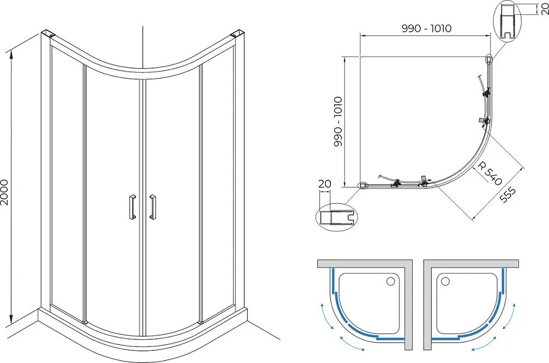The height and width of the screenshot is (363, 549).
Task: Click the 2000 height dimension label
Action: point(4,192)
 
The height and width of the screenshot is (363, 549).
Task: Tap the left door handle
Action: point(132,207)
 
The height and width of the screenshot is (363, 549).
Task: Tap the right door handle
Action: point(152,207)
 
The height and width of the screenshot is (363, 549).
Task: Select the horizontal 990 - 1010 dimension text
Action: point(427,29)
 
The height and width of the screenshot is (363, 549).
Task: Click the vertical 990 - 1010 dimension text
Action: point(338,121)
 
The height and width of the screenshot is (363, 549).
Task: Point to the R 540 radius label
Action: point(490,173)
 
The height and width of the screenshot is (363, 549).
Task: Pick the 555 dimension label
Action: point(507,195)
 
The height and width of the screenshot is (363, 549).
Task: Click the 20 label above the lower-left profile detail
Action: point(324,183)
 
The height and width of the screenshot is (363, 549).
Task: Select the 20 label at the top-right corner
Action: point(545,9)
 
